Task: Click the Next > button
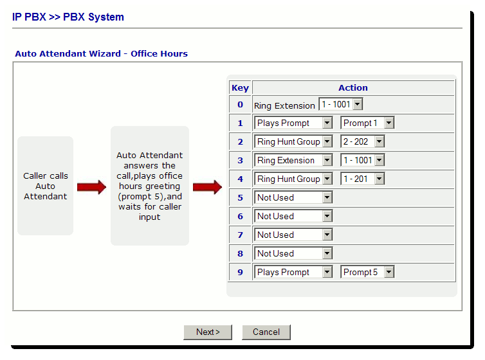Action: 208,332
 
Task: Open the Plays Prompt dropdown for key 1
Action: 293,123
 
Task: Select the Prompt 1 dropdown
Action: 367,123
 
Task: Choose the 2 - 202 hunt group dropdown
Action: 363,141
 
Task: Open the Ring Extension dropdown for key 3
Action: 293,160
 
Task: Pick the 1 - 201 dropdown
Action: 363,179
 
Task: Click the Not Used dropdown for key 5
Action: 293,197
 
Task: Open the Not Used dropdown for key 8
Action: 293,253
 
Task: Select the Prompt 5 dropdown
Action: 367,272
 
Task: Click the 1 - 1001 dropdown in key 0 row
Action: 340,104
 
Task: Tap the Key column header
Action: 241,88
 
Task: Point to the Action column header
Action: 353,88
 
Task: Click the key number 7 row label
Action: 241,235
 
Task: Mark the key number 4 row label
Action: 241,179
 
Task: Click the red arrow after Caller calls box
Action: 91,187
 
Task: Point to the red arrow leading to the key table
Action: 207,187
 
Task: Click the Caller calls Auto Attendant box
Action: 46,186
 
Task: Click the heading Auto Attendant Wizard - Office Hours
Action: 102,54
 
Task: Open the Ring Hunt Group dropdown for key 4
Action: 293,179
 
